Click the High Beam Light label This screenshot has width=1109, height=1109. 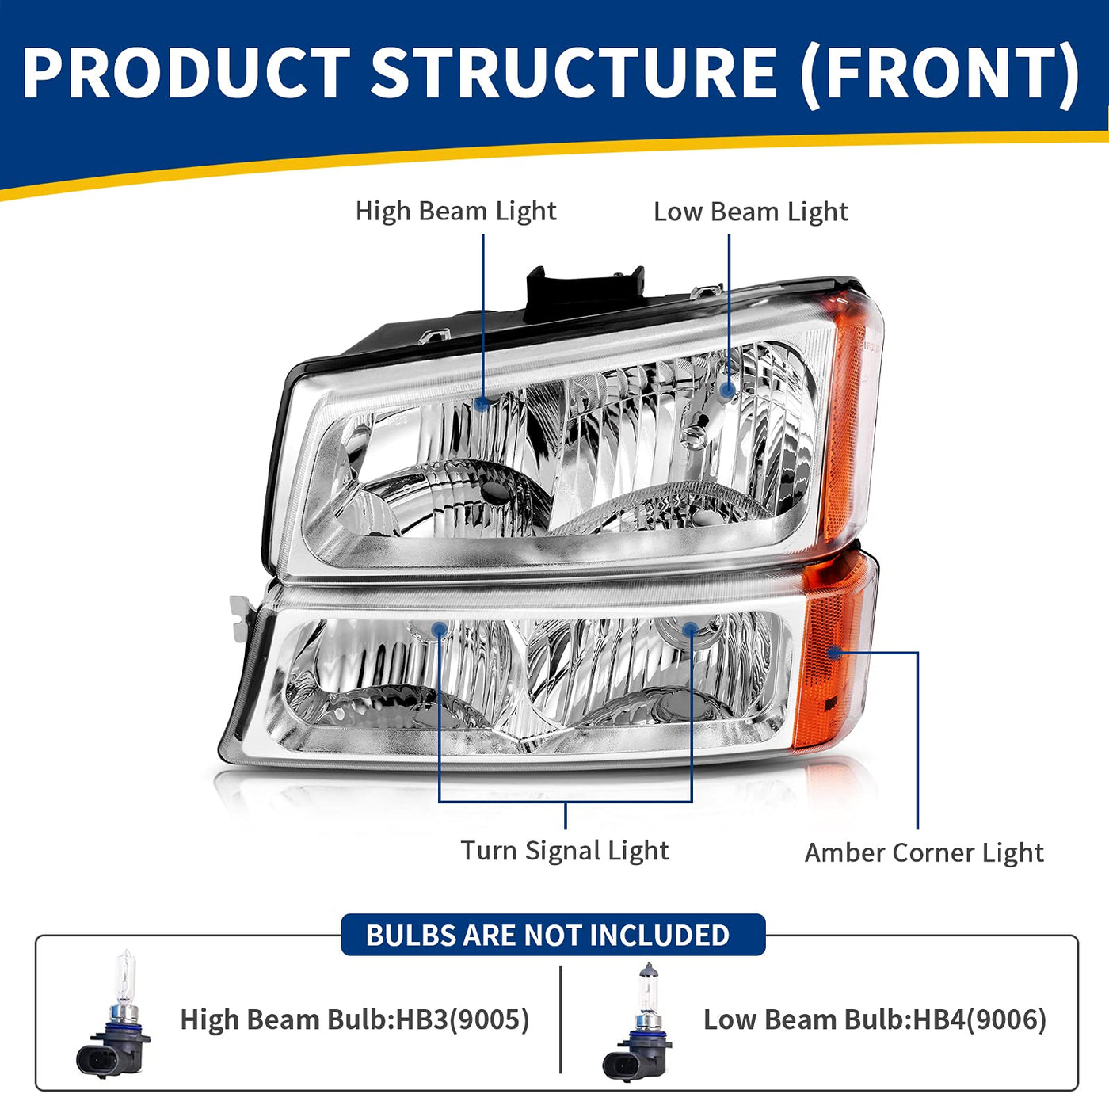[x=455, y=212]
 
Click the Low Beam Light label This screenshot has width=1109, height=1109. [x=750, y=212]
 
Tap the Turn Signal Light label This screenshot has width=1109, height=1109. [x=565, y=851]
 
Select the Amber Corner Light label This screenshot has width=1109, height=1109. [x=924, y=853]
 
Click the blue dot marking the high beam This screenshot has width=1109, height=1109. [x=482, y=403]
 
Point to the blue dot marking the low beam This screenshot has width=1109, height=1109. [x=729, y=391]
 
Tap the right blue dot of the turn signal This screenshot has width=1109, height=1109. [x=691, y=629]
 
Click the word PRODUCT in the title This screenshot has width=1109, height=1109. [x=186, y=73]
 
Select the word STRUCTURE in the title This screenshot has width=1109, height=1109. [x=574, y=73]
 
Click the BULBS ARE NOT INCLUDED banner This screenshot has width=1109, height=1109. [x=553, y=935]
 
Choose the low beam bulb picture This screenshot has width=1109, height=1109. [x=637, y=1027]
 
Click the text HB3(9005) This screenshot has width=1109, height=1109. [x=463, y=1019]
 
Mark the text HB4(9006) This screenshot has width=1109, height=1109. [x=980, y=1019]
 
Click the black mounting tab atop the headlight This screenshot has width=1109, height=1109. [x=584, y=295]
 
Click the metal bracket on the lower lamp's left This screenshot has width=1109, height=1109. [x=242, y=619]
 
